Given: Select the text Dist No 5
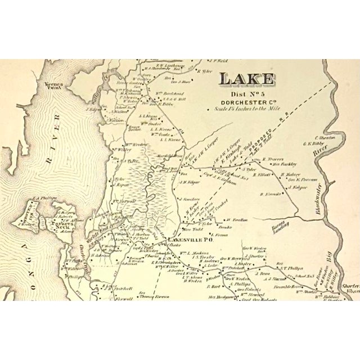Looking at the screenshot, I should tap(246, 94).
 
